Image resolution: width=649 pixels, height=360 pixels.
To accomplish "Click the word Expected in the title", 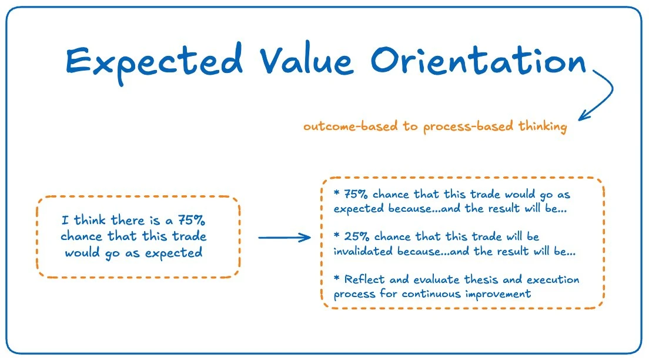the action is pyautogui.click(x=154, y=62).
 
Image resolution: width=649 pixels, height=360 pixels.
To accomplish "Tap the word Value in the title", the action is pyautogui.click(x=307, y=61).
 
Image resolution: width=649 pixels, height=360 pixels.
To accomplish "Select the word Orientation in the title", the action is pyautogui.click(x=479, y=61).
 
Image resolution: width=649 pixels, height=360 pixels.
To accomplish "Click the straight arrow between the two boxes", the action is pyautogui.click(x=285, y=238).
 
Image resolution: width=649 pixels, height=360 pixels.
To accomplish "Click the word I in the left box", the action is pyautogui.click(x=65, y=219).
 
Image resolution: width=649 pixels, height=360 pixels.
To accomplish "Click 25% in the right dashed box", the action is pyautogui.click(x=356, y=236).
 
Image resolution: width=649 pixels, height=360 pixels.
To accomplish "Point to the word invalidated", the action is pyautogui.click(x=363, y=251).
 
